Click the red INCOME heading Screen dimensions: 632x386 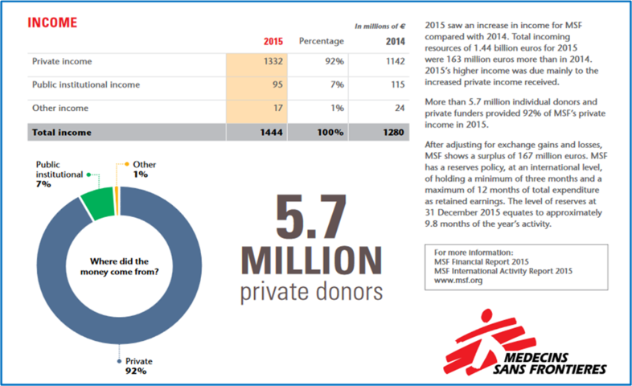(x=52, y=23)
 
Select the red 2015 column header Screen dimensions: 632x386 (x=273, y=42)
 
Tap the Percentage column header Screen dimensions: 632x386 (x=322, y=41)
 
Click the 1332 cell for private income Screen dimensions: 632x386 (x=273, y=61)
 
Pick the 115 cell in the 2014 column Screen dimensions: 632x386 (x=398, y=84)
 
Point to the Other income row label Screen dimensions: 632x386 (x=60, y=108)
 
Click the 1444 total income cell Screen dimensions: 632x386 (x=271, y=132)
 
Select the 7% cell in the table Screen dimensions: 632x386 (x=338, y=84)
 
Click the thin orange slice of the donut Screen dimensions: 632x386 (x=117, y=201)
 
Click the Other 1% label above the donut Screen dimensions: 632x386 (x=144, y=169)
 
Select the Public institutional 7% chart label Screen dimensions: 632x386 (x=60, y=174)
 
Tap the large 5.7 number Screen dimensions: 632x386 (x=310, y=217)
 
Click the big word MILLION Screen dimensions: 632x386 (x=311, y=261)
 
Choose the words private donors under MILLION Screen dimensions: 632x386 (x=311, y=292)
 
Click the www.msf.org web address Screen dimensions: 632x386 (x=458, y=281)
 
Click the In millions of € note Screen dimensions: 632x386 (x=380, y=27)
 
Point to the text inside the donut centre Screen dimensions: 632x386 (x=119, y=266)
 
